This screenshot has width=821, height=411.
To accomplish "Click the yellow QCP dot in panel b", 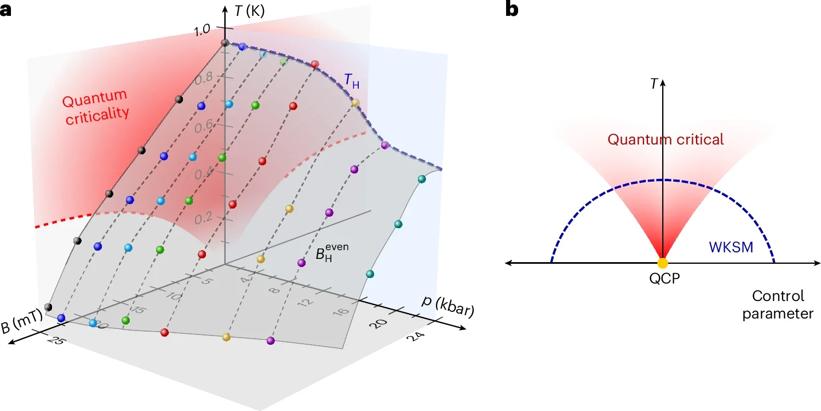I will pos(663,263).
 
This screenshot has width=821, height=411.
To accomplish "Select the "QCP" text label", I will pos(663,277).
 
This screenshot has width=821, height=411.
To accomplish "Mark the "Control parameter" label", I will pos(778,305).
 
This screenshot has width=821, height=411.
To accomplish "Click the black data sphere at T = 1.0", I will pos(225,43).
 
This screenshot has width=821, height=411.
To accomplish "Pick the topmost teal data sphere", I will pos(421,179).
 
